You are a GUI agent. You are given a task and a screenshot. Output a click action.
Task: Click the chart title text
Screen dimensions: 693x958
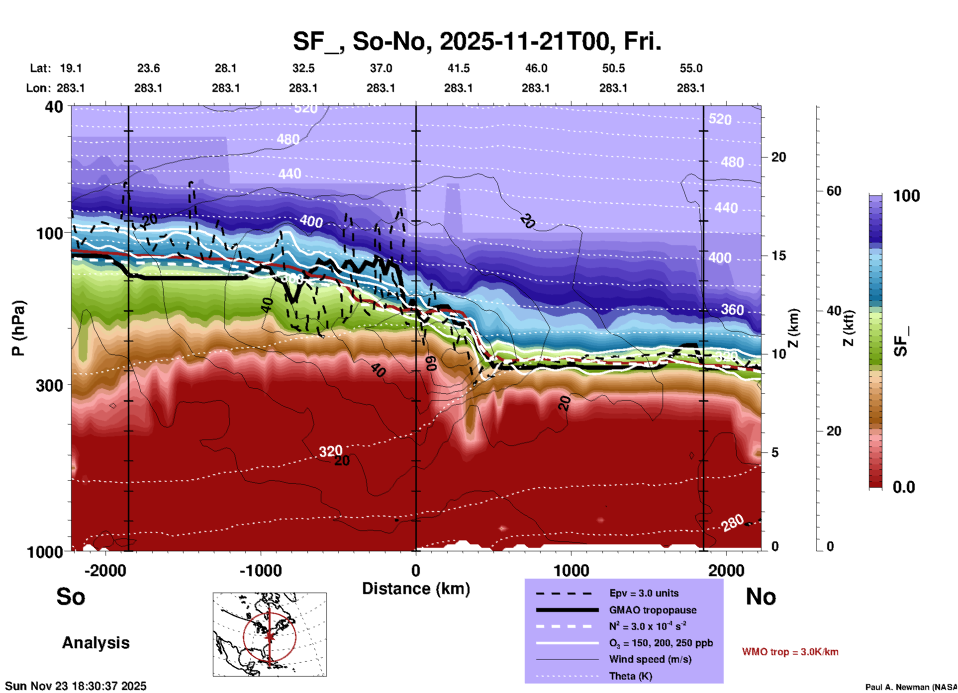click(x=477, y=41)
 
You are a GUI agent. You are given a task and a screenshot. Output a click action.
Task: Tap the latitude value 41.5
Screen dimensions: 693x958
click(x=458, y=68)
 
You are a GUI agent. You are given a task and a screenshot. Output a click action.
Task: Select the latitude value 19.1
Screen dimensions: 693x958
click(x=71, y=68)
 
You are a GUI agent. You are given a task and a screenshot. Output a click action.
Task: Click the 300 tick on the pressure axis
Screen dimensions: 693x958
click(x=49, y=385)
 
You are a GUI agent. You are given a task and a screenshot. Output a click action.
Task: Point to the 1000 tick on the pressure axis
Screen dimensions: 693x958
click(x=44, y=552)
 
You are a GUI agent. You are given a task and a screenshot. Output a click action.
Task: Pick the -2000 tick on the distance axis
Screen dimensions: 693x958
click(x=105, y=571)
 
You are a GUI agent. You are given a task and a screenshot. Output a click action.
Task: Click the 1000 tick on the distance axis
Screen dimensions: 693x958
click(x=571, y=571)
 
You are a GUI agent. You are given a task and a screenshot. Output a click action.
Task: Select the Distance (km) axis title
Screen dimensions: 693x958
click(x=416, y=589)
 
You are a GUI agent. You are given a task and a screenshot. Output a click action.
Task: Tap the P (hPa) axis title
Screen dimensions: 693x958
click(x=18, y=328)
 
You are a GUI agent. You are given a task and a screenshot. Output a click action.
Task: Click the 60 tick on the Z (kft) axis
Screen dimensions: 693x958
click(x=834, y=191)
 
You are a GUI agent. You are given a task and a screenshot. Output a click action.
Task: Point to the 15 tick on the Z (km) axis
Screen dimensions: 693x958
click(x=778, y=256)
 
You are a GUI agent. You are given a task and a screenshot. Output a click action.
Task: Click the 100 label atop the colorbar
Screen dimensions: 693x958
click(x=906, y=196)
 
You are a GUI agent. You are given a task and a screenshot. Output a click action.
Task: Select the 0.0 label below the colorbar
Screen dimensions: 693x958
click(x=904, y=487)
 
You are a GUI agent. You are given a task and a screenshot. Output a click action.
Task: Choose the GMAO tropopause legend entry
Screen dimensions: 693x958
click(x=653, y=610)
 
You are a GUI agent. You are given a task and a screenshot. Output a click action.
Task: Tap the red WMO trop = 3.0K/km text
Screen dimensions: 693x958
click(x=790, y=652)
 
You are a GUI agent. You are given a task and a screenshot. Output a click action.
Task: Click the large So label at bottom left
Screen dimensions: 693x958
click(x=71, y=597)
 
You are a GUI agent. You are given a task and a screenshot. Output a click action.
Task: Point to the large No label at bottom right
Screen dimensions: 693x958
click(x=761, y=597)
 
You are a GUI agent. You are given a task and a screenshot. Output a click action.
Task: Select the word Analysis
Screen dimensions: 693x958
click(x=96, y=643)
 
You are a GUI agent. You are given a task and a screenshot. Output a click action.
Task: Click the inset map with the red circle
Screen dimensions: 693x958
click(x=270, y=634)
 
